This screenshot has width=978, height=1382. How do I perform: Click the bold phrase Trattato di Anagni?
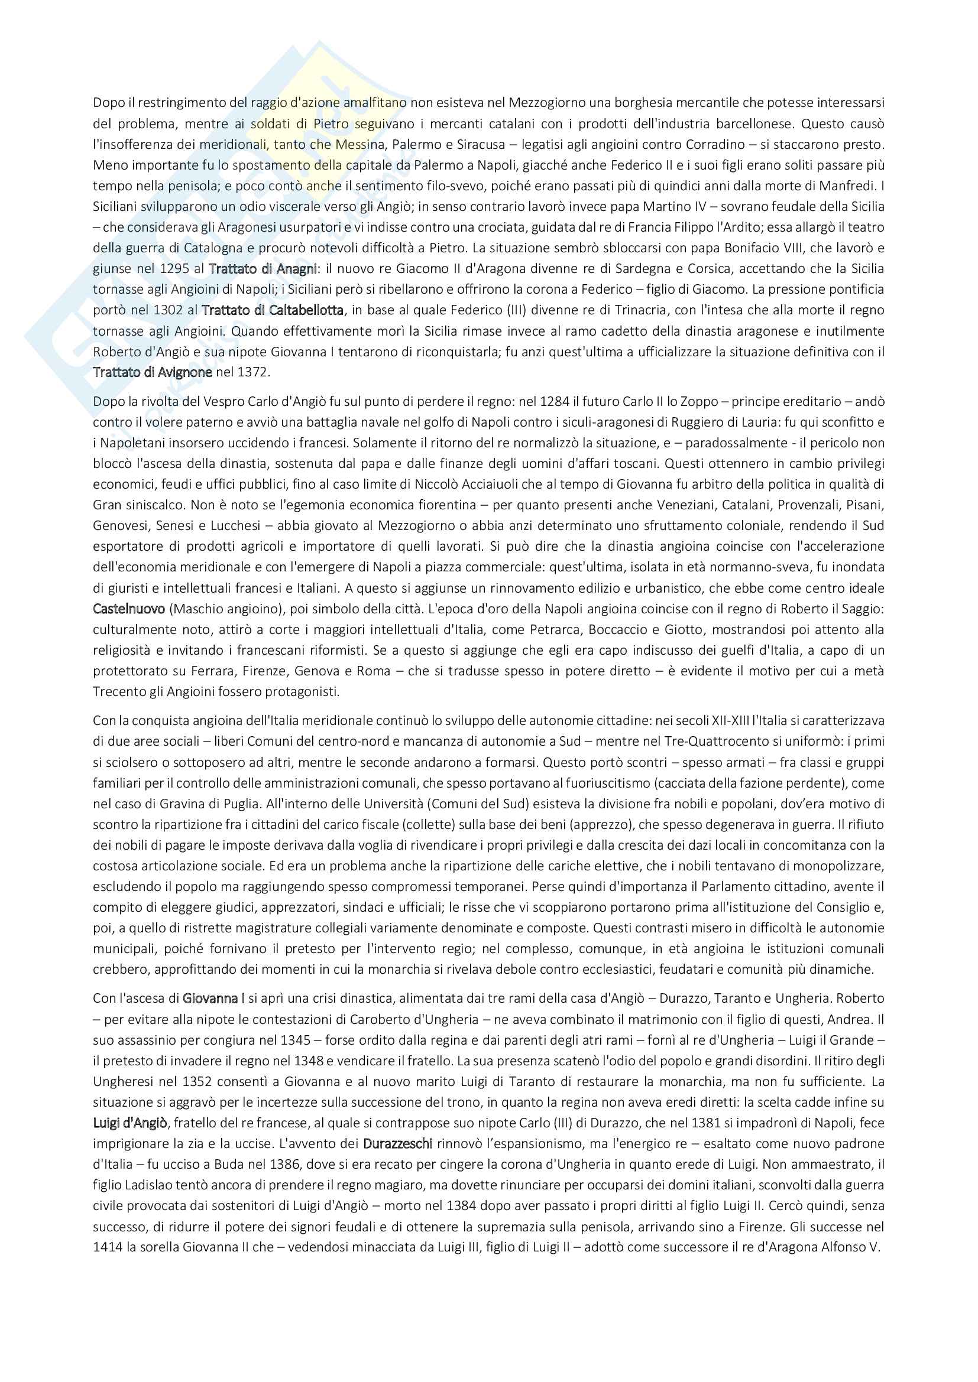click(263, 268)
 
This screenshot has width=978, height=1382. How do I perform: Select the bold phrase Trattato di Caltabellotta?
click(272, 310)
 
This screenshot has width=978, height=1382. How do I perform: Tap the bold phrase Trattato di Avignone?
click(153, 372)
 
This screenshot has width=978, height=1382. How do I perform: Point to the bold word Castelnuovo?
click(129, 609)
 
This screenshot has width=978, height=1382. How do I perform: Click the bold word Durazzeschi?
click(397, 1143)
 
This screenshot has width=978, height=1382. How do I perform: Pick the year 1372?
click(253, 372)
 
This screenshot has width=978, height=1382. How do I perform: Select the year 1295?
click(174, 268)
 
